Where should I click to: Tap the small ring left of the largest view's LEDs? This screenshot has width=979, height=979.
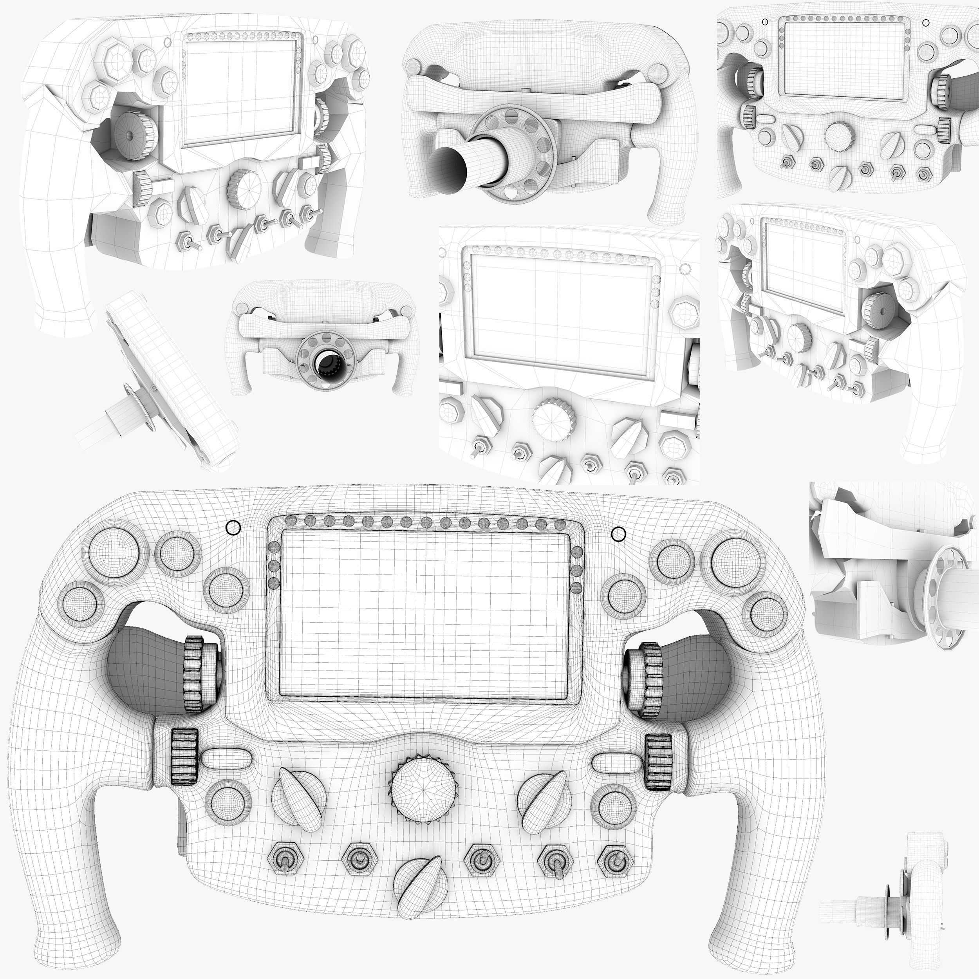click(233, 528)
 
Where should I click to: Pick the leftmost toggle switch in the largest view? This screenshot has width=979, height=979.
click(287, 858)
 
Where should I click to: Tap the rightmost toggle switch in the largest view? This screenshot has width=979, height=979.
click(615, 858)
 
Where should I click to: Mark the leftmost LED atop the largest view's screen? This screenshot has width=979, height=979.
click(291, 520)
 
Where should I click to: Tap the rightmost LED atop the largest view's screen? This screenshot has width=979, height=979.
click(560, 524)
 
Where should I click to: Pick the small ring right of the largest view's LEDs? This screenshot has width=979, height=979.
click(619, 534)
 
